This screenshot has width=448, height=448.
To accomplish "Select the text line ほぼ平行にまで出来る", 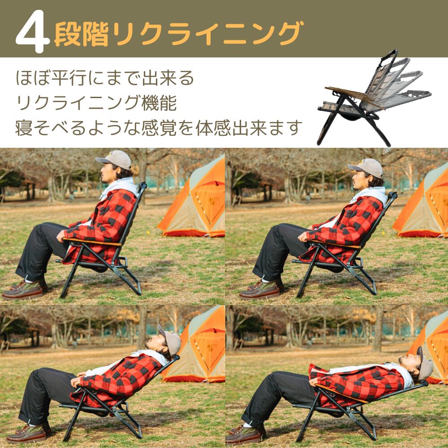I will tap(105, 78).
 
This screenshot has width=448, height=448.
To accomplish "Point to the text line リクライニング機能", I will tap(96, 103).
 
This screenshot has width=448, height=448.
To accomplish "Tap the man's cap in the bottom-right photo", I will tap(425, 363).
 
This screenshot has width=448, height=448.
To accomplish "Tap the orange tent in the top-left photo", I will tap(197, 202).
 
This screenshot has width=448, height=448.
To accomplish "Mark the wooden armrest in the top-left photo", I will tap(92, 242).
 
